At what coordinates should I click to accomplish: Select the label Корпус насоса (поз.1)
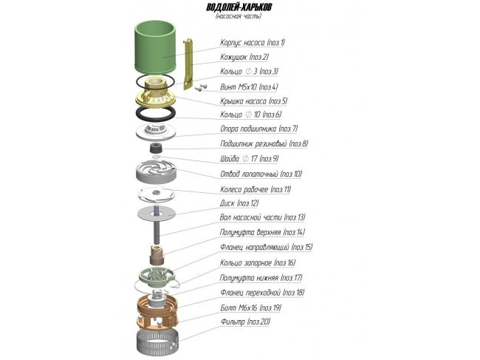(253, 43)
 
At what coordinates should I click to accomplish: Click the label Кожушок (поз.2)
(244, 57)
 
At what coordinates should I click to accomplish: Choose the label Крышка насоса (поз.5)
(253, 101)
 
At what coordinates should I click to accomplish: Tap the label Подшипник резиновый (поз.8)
(264, 144)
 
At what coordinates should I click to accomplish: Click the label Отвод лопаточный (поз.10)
(261, 174)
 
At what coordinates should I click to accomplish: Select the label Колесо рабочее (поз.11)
(256, 189)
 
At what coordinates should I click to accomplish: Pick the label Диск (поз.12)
(239, 203)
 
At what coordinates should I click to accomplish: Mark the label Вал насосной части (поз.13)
(262, 218)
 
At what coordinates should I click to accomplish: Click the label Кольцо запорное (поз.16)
(258, 262)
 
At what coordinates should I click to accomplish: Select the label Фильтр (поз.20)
(245, 322)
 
